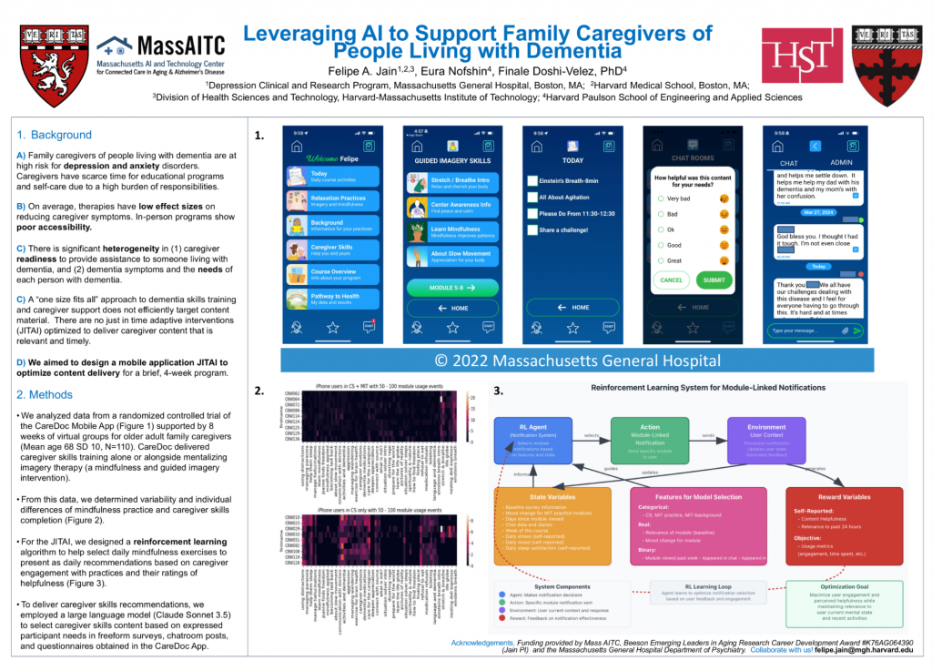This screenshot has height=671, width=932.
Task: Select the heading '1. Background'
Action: click(55, 135)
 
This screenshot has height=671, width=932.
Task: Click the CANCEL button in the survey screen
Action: click(671, 280)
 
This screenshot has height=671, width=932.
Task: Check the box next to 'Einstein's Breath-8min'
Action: click(532, 181)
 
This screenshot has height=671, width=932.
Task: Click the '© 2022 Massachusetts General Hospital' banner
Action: click(577, 360)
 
